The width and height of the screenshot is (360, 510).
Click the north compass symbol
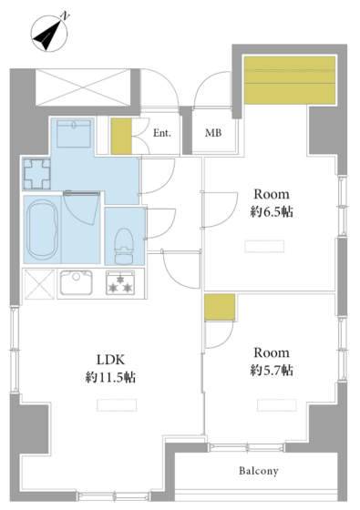tap(49, 34)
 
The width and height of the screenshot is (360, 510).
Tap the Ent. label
tap(162, 133)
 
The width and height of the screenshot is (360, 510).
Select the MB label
tap(213, 133)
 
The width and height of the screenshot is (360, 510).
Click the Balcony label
tap(259, 471)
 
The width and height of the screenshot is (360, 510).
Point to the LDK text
tap(110, 360)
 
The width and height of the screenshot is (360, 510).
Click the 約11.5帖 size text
tap(110, 377)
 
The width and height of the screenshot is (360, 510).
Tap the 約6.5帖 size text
tap(272, 212)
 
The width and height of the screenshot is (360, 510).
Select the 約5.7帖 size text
tap(272, 371)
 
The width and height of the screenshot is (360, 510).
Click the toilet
tap(124, 246)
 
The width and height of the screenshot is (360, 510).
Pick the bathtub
tap(42, 229)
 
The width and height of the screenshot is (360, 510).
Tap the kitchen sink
tap(77, 282)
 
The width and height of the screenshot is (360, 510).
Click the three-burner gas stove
tap(120, 282)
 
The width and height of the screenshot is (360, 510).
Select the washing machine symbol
tap(36, 173)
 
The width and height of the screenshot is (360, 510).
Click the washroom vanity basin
tap(74, 134)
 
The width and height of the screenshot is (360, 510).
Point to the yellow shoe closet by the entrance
tap(121, 136)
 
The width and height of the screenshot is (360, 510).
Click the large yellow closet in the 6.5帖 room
tap(290, 80)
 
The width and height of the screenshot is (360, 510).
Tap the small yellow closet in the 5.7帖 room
tap(220, 308)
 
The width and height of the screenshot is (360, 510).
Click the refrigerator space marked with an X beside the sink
tap(39, 284)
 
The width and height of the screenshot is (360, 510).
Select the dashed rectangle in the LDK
tap(117, 405)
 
